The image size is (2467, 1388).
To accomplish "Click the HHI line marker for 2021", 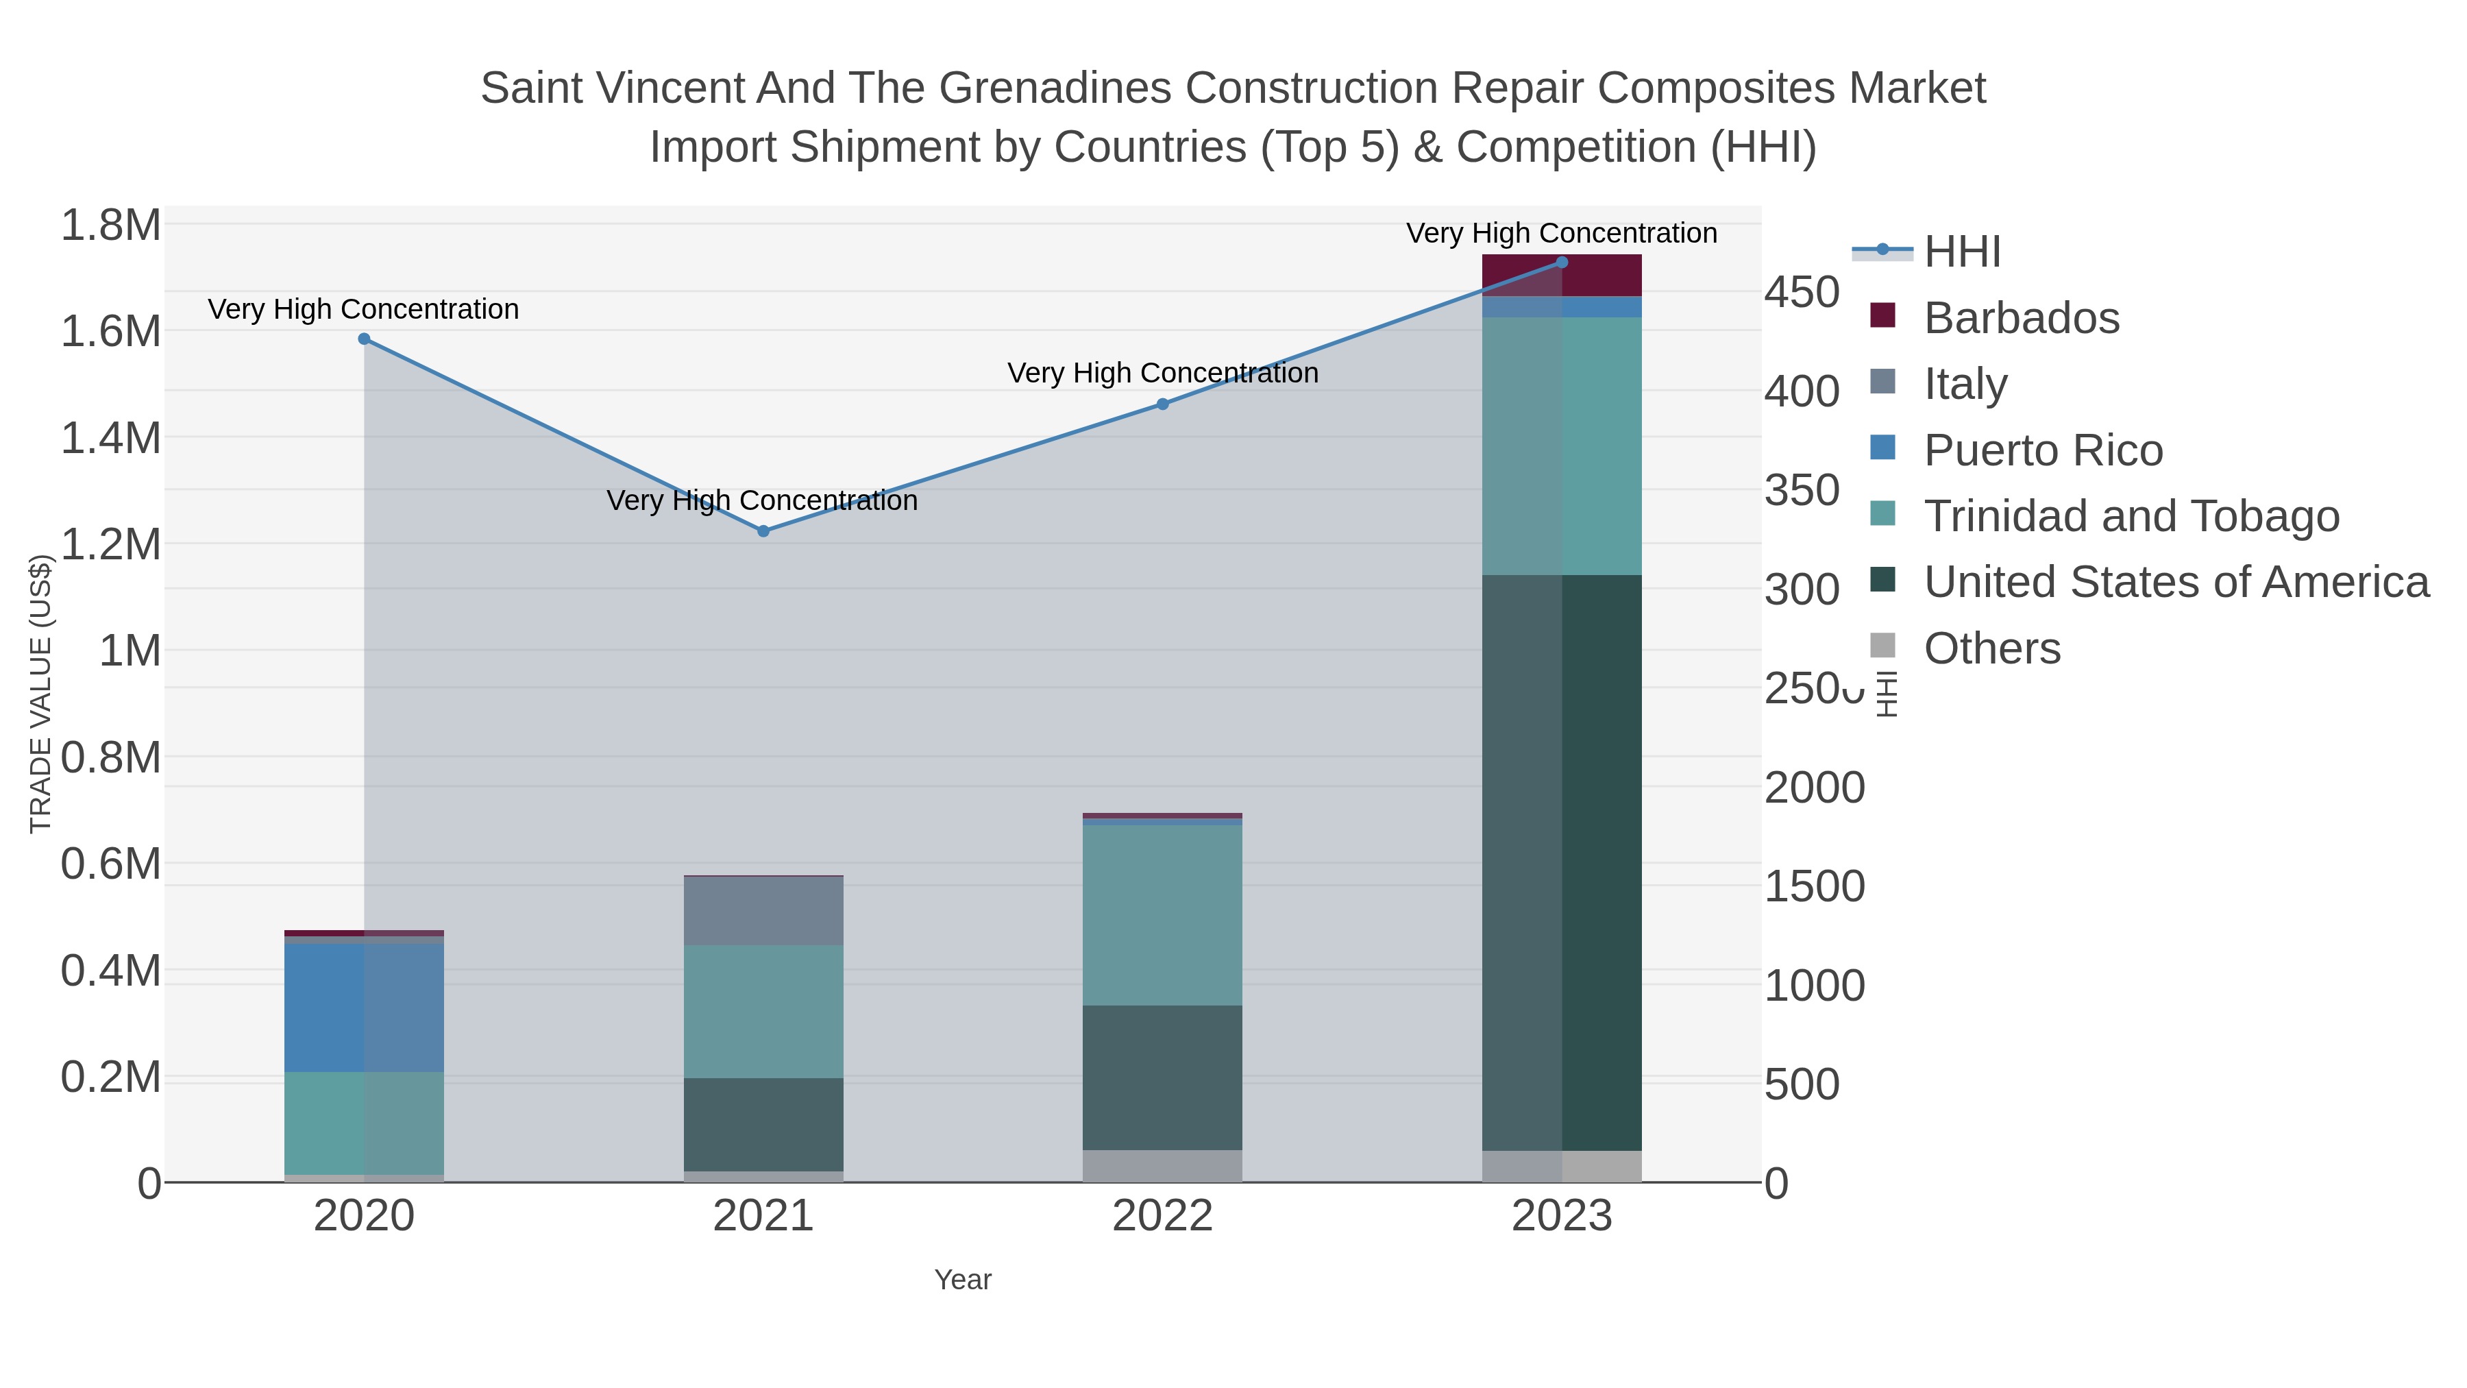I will point(763,531).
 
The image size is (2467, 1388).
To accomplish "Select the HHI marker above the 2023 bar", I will point(1562,263).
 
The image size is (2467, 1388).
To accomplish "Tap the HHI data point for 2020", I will point(364,339).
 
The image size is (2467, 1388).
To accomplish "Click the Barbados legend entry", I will point(2021,318).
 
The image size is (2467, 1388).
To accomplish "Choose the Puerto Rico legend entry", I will point(2042,450).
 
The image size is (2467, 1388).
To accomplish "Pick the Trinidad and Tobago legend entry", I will point(2131,516).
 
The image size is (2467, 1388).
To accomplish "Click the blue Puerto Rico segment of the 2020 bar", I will point(364,1007).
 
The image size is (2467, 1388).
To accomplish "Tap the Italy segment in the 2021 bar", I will point(763,910).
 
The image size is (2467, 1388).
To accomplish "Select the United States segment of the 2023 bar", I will point(1562,862).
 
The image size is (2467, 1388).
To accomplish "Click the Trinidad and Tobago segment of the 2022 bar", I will point(1163,915).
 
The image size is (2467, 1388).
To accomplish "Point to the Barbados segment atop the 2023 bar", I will point(1562,276).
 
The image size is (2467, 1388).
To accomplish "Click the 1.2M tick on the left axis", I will point(110,545).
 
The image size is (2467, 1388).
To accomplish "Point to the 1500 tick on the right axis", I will point(1814,887).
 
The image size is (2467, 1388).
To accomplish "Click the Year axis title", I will point(963,1280).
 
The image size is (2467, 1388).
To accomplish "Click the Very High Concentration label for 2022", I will point(1163,374).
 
